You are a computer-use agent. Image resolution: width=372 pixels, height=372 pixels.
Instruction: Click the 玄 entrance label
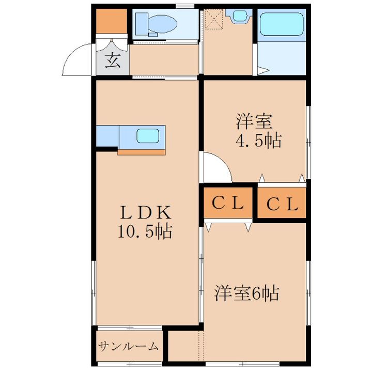pyautogui.click(x=112, y=61)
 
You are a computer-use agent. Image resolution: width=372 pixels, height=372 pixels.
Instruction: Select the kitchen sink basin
pyautogui.click(x=147, y=136)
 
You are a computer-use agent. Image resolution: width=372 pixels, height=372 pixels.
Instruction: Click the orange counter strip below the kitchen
pyautogui.click(x=142, y=152)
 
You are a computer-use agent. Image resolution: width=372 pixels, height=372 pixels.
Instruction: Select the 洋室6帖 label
pyautogui.click(x=247, y=293)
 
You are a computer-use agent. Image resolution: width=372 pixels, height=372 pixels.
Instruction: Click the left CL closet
pyautogui.click(x=228, y=204)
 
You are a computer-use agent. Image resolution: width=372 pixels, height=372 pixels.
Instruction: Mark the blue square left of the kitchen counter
pyautogui.click(x=107, y=136)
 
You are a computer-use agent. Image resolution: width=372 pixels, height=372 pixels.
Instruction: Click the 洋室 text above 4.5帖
pyautogui.click(x=254, y=122)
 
